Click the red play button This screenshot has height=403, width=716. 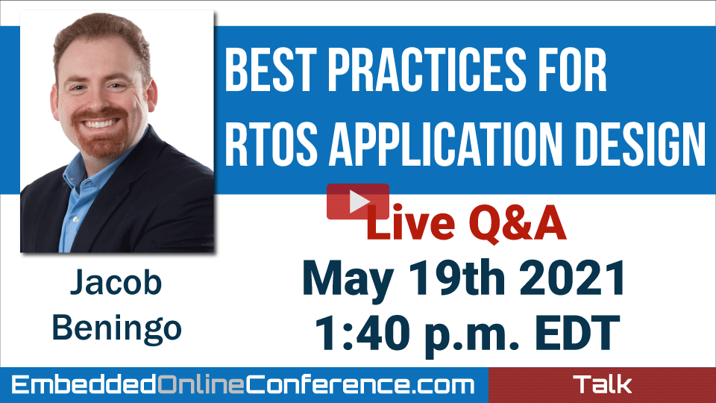[357, 201]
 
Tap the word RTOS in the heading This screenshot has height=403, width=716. [271, 144]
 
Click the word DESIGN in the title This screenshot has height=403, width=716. [640, 144]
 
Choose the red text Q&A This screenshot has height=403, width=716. [518, 223]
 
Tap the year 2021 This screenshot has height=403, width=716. [572, 277]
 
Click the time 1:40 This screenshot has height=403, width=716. [361, 333]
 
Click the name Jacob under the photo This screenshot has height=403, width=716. [116, 282]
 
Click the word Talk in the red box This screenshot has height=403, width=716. [603, 384]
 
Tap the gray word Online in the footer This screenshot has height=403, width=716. [201, 385]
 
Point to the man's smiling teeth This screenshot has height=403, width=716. [99, 123]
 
